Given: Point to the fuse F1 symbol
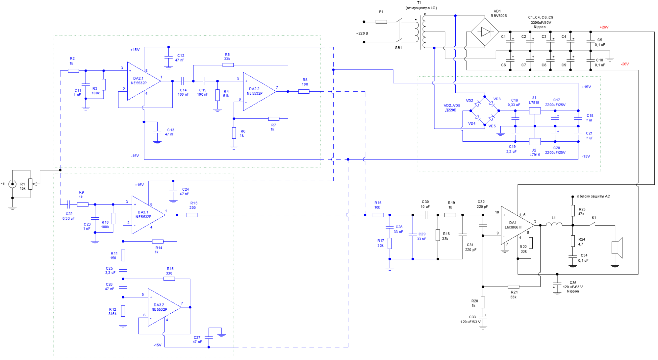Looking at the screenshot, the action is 381,22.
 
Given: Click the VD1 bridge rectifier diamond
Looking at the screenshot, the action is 485,32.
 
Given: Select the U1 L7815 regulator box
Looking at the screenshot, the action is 535,111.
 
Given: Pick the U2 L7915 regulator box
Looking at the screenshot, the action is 535,142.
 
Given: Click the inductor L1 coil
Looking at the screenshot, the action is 554,225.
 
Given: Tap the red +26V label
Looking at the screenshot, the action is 604,27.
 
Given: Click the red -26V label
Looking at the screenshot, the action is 625,64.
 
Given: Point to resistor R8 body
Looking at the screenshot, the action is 304,92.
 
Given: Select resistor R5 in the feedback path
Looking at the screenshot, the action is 228,65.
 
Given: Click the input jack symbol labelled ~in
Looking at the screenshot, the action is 13,184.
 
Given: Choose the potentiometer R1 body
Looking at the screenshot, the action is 30,184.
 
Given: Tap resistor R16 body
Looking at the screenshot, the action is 378,215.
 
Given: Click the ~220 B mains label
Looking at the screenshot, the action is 362,34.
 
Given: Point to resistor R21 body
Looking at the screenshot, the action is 514,287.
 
